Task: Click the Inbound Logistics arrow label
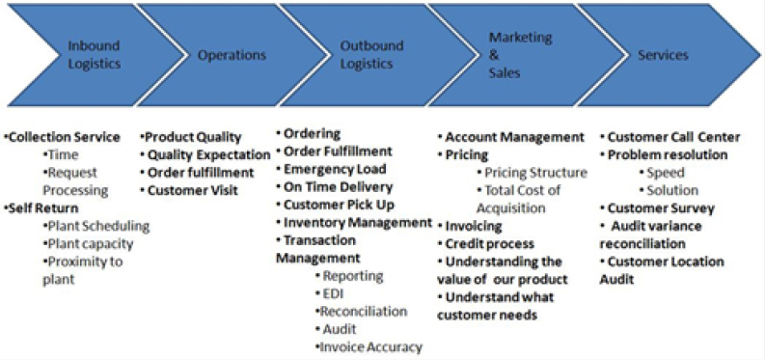tap(94, 55)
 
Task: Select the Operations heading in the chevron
tap(232, 55)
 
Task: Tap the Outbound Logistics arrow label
tap(371, 55)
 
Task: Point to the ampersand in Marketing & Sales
tap(494, 55)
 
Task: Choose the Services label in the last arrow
tap(663, 55)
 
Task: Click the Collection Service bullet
tap(65, 138)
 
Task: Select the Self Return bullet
tap(43, 208)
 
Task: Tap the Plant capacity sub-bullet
tap(88, 243)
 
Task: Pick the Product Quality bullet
tap(191, 138)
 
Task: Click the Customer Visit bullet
tap(193, 190)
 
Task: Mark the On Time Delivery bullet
tap(334, 187)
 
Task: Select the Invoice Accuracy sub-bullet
tap(369, 346)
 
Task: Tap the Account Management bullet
tap(511, 138)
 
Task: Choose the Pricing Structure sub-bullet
tap(532, 173)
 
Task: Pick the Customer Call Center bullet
tap(670, 138)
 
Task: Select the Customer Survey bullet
tap(657, 208)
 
